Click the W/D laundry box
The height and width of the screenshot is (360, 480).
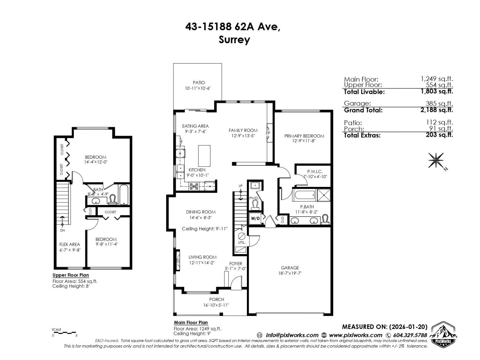coord(255,218)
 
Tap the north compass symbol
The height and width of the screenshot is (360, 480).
coord(436,160)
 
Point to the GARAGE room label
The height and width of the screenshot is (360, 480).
coord(290,268)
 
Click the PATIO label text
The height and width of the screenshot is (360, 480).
coord(199,82)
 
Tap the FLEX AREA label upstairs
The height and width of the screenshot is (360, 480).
coord(70,244)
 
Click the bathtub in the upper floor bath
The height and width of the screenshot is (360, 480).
coord(124,194)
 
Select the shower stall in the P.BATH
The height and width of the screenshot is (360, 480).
coord(323,195)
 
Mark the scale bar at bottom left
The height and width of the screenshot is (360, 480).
coord(64,333)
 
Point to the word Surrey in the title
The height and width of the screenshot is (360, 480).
coord(234,40)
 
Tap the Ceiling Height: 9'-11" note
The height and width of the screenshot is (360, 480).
coord(205,229)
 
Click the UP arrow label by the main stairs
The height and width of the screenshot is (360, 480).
coord(240,186)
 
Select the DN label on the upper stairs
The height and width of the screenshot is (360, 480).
coord(62,230)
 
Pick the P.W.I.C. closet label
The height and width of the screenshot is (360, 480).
coord(315,172)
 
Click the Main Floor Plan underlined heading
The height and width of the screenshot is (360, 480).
coord(191,323)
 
